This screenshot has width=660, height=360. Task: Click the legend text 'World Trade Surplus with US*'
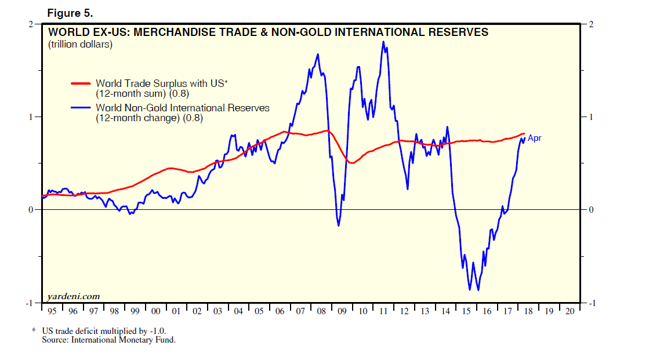point(162,83)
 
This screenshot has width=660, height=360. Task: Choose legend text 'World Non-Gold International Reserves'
point(182,108)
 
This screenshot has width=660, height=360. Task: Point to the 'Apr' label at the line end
point(534,138)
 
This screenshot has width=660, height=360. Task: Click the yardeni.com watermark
point(74,296)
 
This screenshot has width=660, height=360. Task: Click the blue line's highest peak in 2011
point(383,42)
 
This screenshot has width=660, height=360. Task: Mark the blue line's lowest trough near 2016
point(478,290)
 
